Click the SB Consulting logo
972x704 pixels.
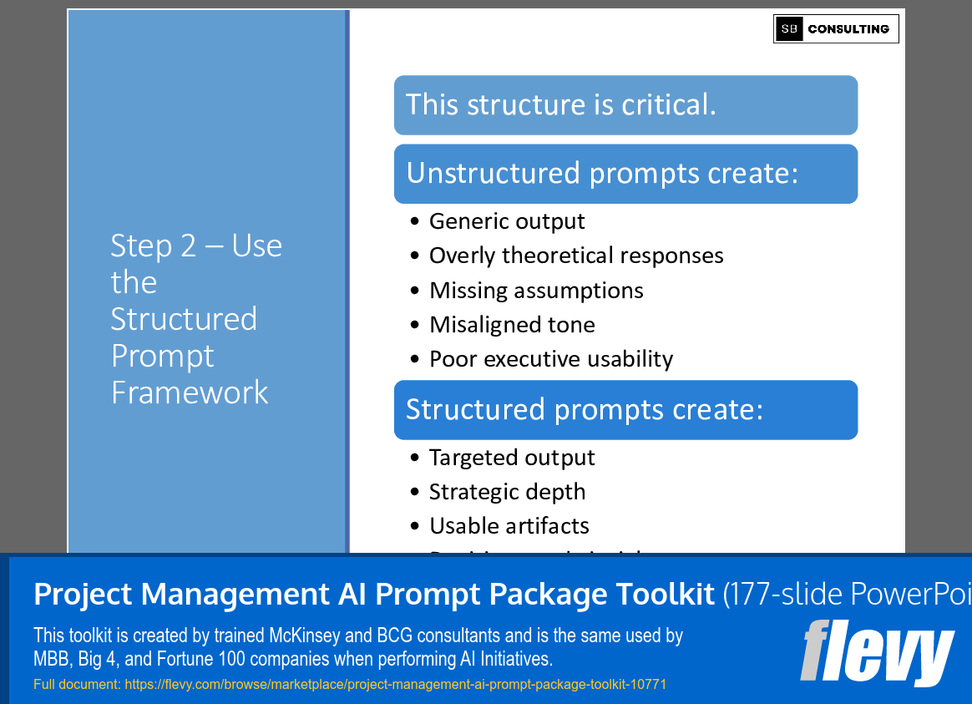tap(836, 28)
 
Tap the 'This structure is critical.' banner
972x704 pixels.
tap(625, 105)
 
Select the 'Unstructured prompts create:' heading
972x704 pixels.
tap(625, 174)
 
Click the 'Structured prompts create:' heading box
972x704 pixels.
tap(625, 410)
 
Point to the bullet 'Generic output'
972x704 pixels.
tap(507, 221)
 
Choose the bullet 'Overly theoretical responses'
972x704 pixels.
tap(576, 256)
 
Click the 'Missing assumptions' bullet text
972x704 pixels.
tap(536, 291)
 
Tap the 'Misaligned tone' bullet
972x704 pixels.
tap(512, 325)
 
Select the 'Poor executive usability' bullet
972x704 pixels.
tap(551, 359)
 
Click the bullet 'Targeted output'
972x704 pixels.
tap(512, 458)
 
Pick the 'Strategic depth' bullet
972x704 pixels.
tap(507, 492)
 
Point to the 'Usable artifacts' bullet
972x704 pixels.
tap(509, 526)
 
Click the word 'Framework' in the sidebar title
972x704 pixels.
tap(190, 393)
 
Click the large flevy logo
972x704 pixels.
tap(877, 652)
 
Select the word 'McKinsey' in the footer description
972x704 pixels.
tap(301, 636)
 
